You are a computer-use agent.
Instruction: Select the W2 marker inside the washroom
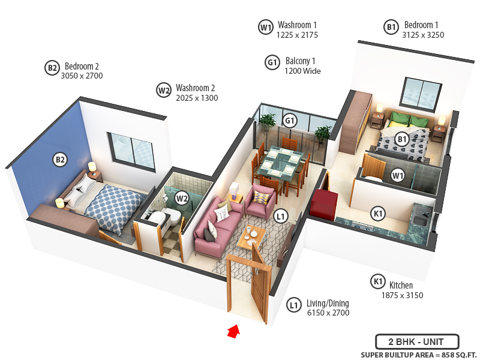(x=181, y=197)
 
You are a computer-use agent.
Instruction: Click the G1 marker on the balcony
(x=290, y=120)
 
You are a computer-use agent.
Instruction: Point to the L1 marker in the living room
(x=280, y=215)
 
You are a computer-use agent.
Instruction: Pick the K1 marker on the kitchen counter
(x=378, y=213)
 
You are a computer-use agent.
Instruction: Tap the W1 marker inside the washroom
(x=397, y=175)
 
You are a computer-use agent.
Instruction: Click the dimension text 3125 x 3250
(x=422, y=35)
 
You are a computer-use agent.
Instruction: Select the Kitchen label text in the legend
(x=401, y=286)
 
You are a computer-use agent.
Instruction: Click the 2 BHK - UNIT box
(x=417, y=341)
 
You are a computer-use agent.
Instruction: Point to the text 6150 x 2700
(x=328, y=313)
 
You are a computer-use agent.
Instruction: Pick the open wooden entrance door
(x=260, y=285)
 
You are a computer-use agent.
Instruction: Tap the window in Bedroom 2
(x=131, y=150)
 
